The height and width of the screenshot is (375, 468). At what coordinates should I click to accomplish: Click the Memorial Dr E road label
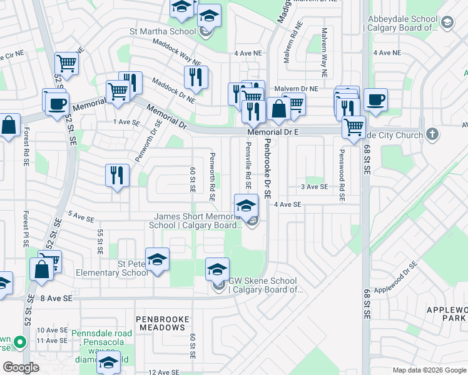[273, 132]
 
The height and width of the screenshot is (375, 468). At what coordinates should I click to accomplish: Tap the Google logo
[21, 367]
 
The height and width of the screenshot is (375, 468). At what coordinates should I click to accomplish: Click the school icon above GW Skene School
[217, 269]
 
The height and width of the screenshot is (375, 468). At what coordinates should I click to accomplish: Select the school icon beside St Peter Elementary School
[157, 259]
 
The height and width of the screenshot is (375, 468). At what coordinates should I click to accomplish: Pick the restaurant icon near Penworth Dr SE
[117, 174]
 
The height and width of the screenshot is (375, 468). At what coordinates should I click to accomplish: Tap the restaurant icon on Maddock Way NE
[196, 77]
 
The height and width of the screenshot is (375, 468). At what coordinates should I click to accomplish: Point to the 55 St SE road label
[100, 241]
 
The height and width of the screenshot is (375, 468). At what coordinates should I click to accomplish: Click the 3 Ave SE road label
[314, 186]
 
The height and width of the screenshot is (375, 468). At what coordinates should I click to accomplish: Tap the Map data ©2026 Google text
[429, 370]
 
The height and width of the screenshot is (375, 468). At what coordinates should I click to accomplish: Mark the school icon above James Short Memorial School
[246, 204]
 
